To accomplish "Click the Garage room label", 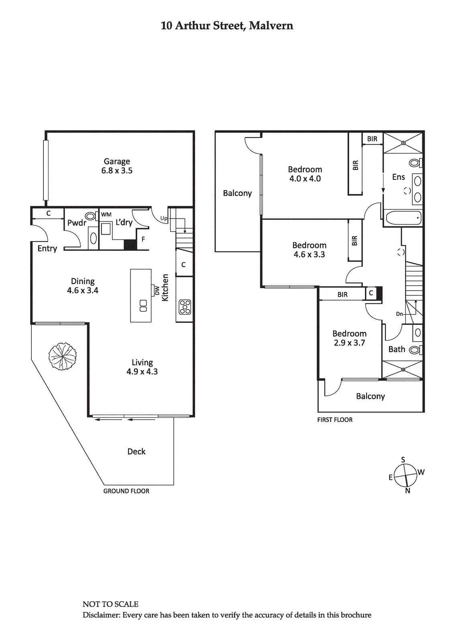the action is pyautogui.click(x=117, y=162).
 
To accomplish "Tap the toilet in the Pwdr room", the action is pyautogui.click(x=91, y=216).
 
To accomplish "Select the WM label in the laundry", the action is pyautogui.click(x=106, y=215).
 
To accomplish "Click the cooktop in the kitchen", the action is pyautogui.click(x=185, y=307).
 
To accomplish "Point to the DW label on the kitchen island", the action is pyautogui.click(x=157, y=290).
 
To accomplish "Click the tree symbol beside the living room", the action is pyautogui.click(x=62, y=356).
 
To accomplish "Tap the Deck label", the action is pyautogui.click(x=136, y=452).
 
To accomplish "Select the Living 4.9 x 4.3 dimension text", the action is pyautogui.click(x=142, y=372).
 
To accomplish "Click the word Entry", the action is pyautogui.click(x=47, y=248).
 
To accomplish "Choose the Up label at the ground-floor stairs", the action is pyautogui.click(x=164, y=218).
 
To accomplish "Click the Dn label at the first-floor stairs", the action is pyautogui.click(x=399, y=314).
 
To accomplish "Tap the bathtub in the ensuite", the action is pyautogui.click(x=402, y=218).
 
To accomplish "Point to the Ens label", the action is pyautogui.click(x=399, y=177).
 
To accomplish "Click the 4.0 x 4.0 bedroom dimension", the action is pyautogui.click(x=305, y=179).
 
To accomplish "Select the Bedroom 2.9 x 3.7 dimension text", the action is pyautogui.click(x=349, y=343).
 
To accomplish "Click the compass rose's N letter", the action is pyautogui.click(x=408, y=491).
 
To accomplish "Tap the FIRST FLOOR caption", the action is pyautogui.click(x=335, y=420).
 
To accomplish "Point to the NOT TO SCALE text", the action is pyautogui.click(x=110, y=604).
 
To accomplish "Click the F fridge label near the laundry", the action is pyautogui.click(x=143, y=239).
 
